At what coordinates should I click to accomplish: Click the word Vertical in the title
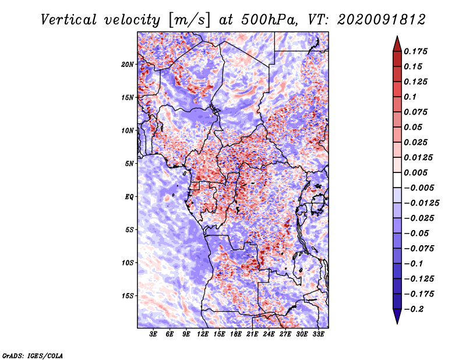pyautogui.click(x=69, y=20)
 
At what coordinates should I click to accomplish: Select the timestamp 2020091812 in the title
pyautogui.click(x=382, y=20)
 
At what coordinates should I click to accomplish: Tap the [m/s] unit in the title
pyautogui.click(x=189, y=20)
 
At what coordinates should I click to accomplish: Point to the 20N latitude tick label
pyautogui.click(x=127, y=65)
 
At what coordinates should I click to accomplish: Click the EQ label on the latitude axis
pyautogui.click(x=129, y=197)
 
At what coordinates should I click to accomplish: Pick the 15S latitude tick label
pyautogui.click(x=127, y=296)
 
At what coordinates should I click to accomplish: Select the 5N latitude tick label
pyautogui.click(x=129, y=164)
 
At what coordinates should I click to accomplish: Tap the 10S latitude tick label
pyautogui.click(x=127, y=263)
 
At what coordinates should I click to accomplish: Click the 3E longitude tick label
pyautogui.click(x=153, y=334)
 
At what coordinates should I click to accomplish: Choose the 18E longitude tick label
pyautogui.click(x=236, y=334)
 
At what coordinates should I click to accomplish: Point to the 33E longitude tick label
pyautogui.click(x=318, y=334)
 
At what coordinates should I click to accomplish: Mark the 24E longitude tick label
pyautogui.click(x=269, y=334)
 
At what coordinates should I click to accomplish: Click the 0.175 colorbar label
pyautogui.click(x=415, y=51)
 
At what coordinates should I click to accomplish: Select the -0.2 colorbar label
pyautogui.click(x=414, y=309)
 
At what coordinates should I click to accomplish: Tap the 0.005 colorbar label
pyautogui.click(x=415, y=172)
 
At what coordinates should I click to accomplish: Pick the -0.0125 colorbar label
pyautogui.click(x=421, y=203)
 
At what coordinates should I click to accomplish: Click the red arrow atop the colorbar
pyautogui.click(x=397, y=44)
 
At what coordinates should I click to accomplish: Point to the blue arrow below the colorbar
pyautogui.click(x=397, y=316)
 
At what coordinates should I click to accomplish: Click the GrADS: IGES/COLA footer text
pyautogui.click(x=33, y=355)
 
